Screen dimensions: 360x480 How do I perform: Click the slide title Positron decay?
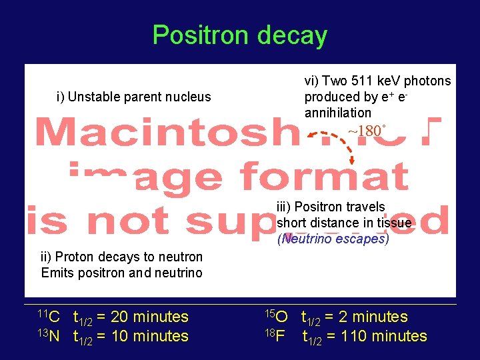pos(239,35)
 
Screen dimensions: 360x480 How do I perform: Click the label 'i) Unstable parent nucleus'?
pos(133,97)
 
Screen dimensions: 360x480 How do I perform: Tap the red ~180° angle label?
pos(367,131)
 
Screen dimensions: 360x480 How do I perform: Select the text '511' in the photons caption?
pos(368,81)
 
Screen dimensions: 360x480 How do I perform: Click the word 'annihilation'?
pos(337,113)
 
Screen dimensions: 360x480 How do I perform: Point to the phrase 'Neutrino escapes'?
pos(333,239)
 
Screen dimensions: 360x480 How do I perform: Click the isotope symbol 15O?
pos(276,316)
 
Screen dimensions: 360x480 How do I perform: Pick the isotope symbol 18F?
pos(276,335)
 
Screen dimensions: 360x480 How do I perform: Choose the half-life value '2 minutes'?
pos(374,317)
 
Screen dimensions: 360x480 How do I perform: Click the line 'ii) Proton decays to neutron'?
pos(122,257)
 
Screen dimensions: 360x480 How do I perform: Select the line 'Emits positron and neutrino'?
pos(122,273)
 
